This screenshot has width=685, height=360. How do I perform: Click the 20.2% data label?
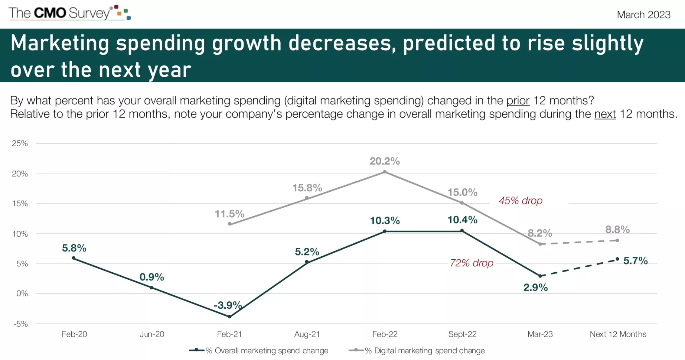[x=385, y=161]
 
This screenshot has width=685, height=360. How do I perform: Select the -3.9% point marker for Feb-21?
[x=229, y=317]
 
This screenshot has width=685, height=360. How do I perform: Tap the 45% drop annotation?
[x=520, y=201]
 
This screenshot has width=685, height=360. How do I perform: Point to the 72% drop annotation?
[x=472, y=263]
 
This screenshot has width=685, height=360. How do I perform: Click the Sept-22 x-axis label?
[x=462, y=334]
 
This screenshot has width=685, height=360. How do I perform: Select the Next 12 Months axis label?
[x=618, y=334]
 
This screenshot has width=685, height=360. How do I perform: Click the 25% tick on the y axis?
[x=20, y=143]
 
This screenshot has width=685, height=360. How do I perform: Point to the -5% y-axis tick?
[x=20, y=324]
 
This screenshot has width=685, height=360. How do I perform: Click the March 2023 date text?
[x=643, y=15]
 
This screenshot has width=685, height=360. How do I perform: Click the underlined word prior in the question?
[x=518, y=101]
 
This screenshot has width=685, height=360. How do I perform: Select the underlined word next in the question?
[x=605, y=114]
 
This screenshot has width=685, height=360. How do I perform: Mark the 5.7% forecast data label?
[x=635, y=261]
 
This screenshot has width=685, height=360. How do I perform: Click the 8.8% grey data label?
[x=617, y=230]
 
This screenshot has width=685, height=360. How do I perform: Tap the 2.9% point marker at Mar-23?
[x=540, y=276]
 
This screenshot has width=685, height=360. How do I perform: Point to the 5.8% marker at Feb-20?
[x=74, y=258]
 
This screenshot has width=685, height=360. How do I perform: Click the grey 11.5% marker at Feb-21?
[x=229, y=224]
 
